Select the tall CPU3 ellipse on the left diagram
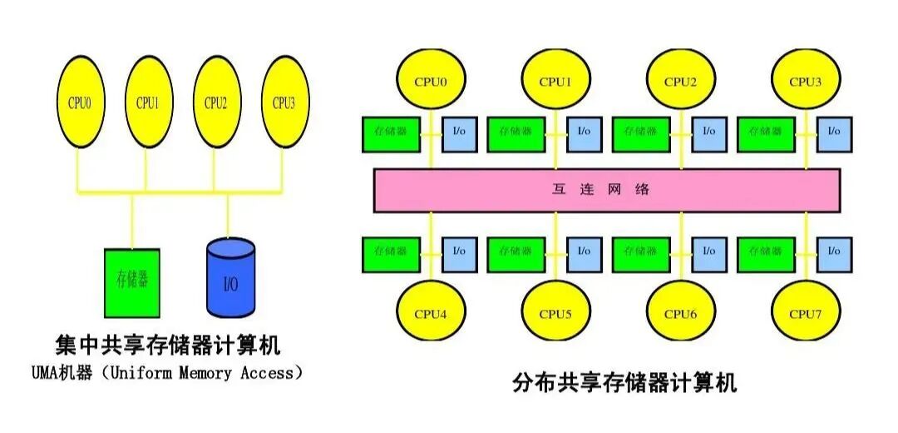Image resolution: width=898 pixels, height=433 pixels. (284, 103)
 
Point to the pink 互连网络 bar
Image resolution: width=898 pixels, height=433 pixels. (607, 190)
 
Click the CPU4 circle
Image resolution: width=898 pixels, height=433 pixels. (431, 313)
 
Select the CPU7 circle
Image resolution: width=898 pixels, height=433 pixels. (805, 313)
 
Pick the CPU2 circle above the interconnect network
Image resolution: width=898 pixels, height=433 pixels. (680, 81)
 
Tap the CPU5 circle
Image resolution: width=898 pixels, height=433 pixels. (555, 313)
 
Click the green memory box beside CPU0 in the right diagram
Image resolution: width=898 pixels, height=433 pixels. (391, 132)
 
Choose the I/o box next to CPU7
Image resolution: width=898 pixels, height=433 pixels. (834, 251)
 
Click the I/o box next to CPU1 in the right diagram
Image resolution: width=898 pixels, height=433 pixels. (585, 132)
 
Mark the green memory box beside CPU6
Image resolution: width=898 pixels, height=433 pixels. (640, 251)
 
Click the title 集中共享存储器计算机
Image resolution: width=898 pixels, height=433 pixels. (166, 345)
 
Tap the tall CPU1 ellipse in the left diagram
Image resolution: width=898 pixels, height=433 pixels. (146, 103)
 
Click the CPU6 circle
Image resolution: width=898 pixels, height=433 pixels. (680, 313)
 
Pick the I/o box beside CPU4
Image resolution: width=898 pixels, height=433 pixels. (460, 251)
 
